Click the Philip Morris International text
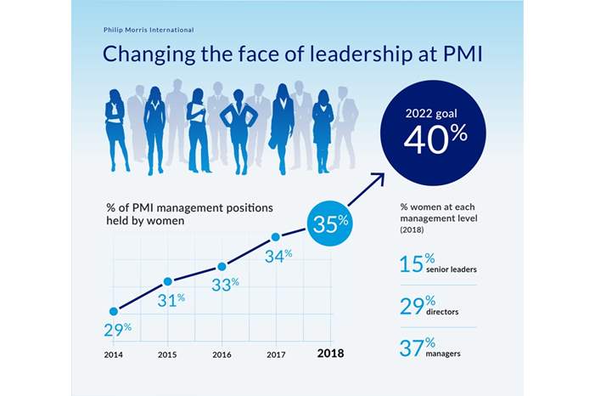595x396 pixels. (x=148, y=30)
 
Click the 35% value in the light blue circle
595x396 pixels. (x=330, y=223)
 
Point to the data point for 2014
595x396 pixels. (x=114, y=311)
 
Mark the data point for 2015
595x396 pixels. (x=168, y=281)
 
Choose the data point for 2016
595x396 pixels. (x=222, y=266)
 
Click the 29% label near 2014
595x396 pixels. (x=116, y=328)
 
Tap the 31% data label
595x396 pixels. (x=170, y=300)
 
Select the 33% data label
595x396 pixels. (x=224, y=285)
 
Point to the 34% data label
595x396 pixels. (x=278, y=254)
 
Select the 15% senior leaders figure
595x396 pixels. (x=412, y=263)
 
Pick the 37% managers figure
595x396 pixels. (x=412, y=348)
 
